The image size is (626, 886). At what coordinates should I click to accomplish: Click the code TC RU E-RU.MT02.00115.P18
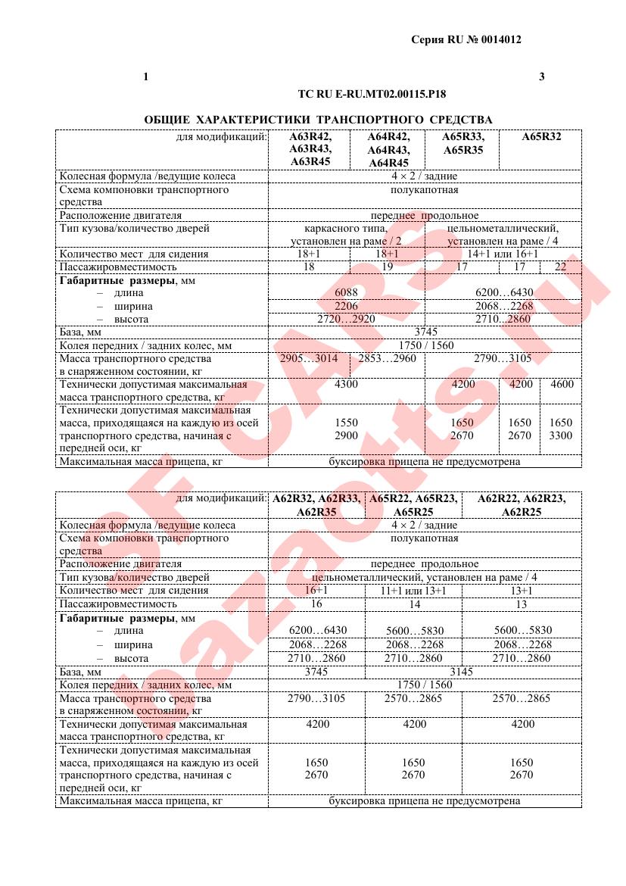tap(372, 95)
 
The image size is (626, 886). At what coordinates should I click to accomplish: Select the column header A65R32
tap(542, 138)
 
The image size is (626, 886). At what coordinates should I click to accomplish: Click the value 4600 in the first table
tap(561, 385)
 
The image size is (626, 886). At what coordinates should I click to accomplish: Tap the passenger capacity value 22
tap(561, 267)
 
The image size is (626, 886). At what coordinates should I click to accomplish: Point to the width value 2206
tap(347, 307)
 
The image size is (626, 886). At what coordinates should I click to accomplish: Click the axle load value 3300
tap(561, 436)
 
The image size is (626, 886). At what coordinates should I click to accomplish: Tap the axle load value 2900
tap(347, 436)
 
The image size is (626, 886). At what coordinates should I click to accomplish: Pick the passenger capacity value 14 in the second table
tap(413, 604)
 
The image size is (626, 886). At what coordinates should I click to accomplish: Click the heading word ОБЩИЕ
tap(166, 120)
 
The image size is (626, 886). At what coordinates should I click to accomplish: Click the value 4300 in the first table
tap(347, 385)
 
